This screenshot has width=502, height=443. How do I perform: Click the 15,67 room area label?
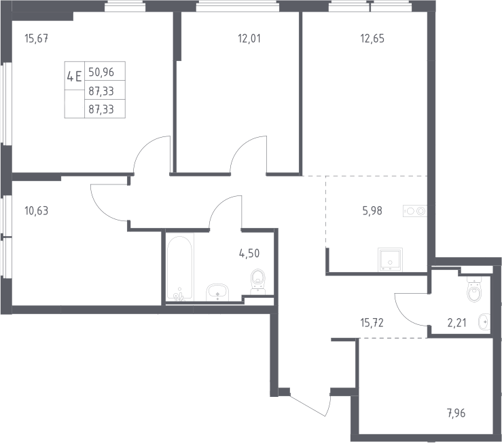(37, 39)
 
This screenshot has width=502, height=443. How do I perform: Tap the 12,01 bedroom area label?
(249, 39)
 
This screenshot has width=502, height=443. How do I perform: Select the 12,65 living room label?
(372, 39)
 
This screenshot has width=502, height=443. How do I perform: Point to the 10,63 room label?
(36, 211)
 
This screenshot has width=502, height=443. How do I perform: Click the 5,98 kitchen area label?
(372, 211)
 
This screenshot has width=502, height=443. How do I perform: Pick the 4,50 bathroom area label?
(249, 254)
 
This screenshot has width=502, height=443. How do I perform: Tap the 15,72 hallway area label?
(372, 323)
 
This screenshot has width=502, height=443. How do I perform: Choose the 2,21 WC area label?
(457, 323)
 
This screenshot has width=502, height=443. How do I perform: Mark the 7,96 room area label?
(456, 413)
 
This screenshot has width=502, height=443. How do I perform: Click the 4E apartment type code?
(74, 77)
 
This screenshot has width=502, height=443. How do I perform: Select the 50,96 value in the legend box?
(101, 72)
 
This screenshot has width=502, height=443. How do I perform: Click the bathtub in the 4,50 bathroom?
(179, 267)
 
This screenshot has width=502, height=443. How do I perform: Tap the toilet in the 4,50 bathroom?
(258, 282)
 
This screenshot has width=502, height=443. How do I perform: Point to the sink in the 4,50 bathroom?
(217, 292)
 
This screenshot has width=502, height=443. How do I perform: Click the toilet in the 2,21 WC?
(474, 289)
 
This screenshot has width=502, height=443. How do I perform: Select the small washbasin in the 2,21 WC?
(484, 322)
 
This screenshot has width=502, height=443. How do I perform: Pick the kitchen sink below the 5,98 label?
(390, 259)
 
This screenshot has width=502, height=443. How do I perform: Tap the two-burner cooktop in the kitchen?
(415, 211)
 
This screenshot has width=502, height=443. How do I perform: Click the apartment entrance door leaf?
(308, 405)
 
